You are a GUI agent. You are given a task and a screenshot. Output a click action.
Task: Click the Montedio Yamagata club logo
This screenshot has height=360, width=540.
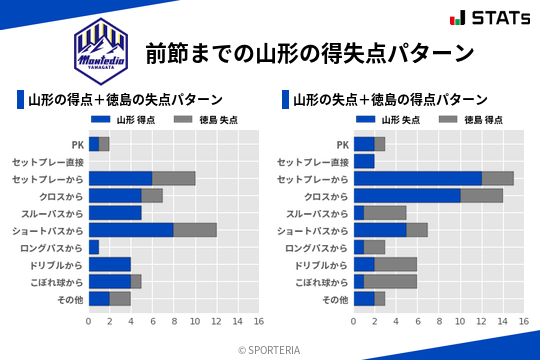pyautogui.click(x=102, y=49)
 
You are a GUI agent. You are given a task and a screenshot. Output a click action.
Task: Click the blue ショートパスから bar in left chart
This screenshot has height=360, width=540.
pyautogui.click(x=131, y=230)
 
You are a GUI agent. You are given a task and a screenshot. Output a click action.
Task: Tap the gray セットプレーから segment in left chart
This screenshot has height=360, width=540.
pyautogui.click(x=174, y=178)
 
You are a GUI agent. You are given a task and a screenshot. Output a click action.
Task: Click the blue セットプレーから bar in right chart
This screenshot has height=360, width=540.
pyautogui.click(x=418, y=178)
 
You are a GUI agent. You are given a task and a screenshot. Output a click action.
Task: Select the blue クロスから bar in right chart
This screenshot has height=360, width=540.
pyautogui.click(x=407, y=196)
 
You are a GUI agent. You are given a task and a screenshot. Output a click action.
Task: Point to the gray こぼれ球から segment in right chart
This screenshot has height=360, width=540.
pyautogui.click(x=389, y=282)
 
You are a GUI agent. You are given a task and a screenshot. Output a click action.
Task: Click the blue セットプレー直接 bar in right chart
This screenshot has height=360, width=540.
pyautogui.click(x=364, y=161)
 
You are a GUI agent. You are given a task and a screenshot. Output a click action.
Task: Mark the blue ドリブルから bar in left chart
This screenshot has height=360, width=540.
pyautogui.click(x=110, y=264)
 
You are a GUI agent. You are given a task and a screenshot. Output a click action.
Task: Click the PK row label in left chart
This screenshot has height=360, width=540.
pyautogui.click(x=77, y=145)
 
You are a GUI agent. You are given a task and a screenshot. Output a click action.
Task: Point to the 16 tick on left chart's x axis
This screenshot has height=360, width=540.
pyautogui.click(x=259, y=322)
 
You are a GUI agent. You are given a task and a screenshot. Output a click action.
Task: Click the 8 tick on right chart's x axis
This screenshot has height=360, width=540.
pyautogui.click(x=439, y=322)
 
